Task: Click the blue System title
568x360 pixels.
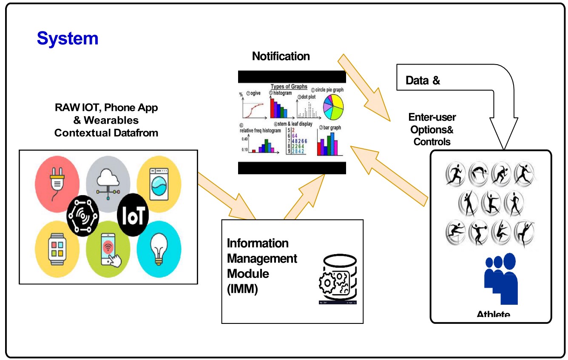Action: [68, 38]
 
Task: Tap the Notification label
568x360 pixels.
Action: [281, 56]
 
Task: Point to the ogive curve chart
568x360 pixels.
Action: [254, 109]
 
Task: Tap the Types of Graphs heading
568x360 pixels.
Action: [289, 86]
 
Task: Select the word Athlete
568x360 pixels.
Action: [493, 315]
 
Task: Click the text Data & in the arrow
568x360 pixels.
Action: [423, 80]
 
